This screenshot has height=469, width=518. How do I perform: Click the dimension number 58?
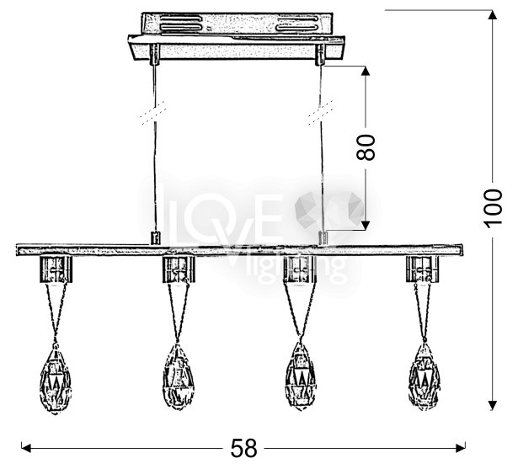tap(243, 448)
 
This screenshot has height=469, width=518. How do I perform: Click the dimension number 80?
tap(366, 147)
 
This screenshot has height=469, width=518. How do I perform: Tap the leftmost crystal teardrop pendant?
tap(56, 378)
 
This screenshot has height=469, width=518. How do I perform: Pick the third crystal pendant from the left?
tap(301, 376)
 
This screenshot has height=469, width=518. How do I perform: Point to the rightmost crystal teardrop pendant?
tap(425, 376)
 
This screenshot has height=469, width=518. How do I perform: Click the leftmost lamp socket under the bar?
tap(56, 269)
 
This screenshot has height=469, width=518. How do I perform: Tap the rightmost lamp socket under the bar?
tap(423, 269)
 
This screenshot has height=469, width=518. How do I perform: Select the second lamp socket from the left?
tap(179, 269)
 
